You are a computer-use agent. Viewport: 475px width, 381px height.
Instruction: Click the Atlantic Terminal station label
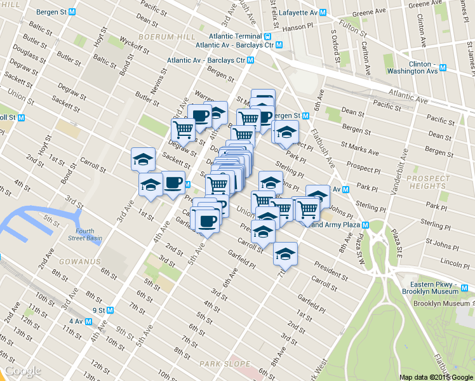[238, 36]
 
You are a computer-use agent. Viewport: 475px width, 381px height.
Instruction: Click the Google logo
[23, 371]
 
